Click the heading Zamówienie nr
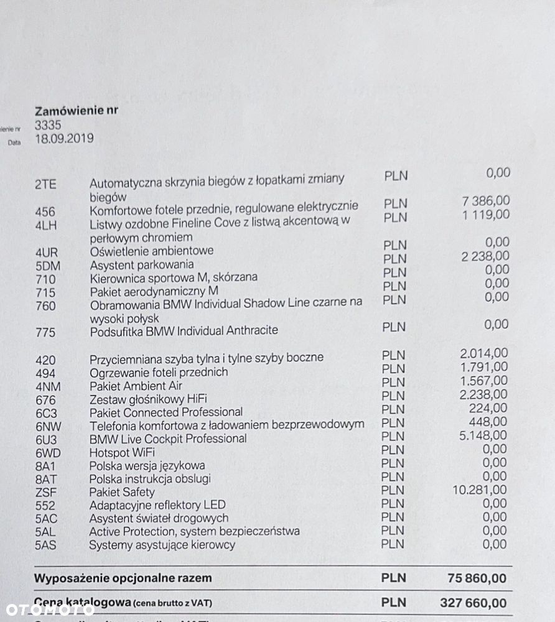(77, 111)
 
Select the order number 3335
(49, 125)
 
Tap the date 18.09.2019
(65, 139)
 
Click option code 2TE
(45, 183)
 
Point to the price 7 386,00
(485, 200)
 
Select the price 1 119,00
(485, 215)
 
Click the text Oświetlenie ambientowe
(151, 251)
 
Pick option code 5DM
(46, 265)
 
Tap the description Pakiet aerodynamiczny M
(154, 292)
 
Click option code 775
(45, 332)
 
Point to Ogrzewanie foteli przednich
(159, 372)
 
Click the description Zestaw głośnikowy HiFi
(148, 399)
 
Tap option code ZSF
(45, 492)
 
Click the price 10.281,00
(480, 490)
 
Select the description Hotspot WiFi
(122, 452)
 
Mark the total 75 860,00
(477, 578)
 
